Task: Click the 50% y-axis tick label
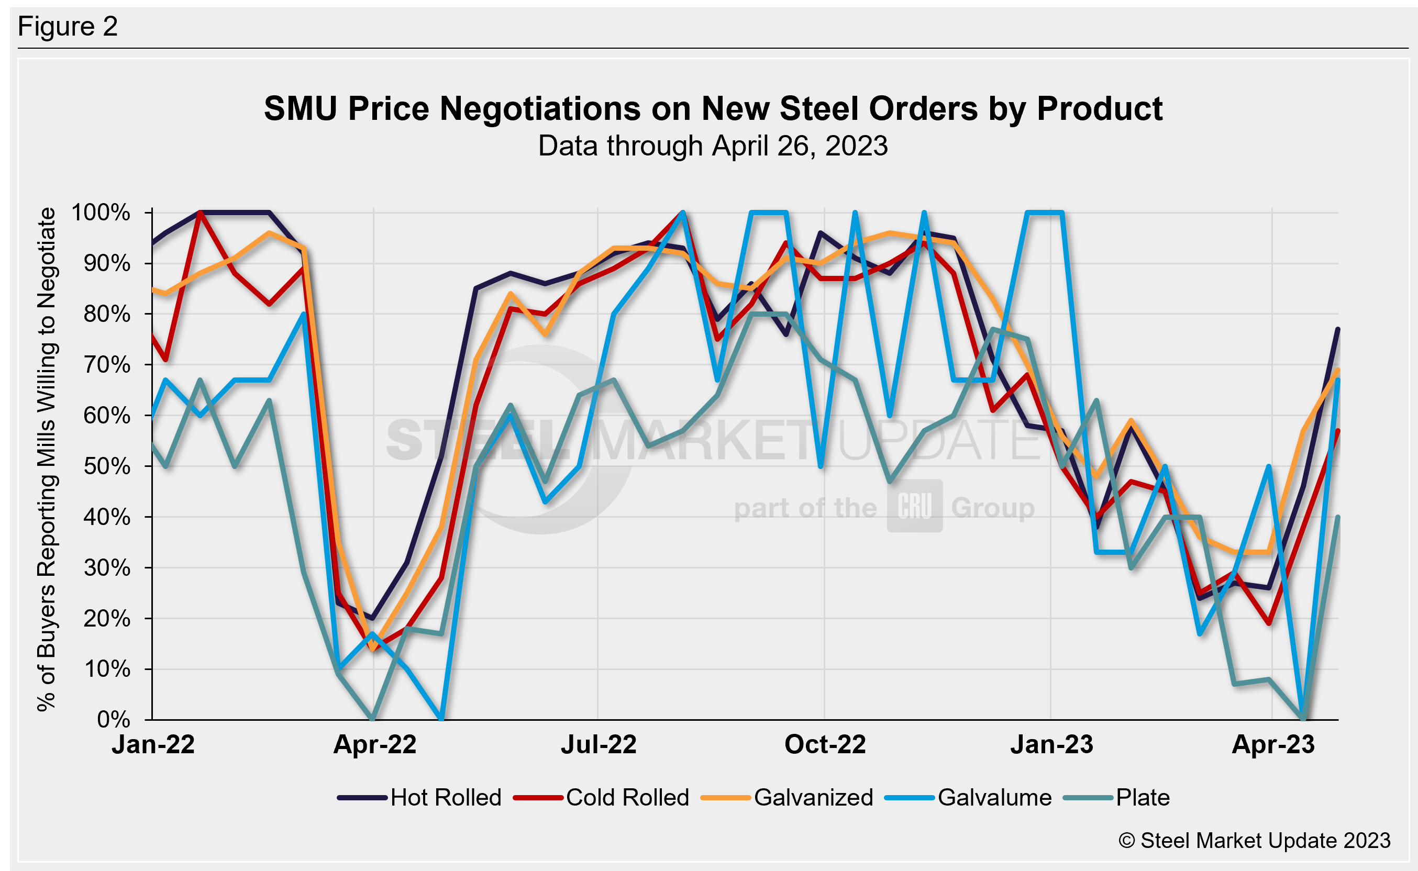[107, 466]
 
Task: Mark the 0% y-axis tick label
[114, 720]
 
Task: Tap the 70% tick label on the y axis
[107, 365]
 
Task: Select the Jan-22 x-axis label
[153, 745]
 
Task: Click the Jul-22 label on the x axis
[599, 745]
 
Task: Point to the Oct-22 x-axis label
[825, 745]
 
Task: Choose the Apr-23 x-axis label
[1273, 745]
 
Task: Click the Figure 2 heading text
[68, 27]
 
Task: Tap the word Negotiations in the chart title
[539, 108]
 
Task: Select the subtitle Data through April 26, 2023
[713, 146]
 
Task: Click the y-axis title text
[46, 460]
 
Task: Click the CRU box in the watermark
[914, 506]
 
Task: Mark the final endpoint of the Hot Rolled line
[1337, 329]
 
